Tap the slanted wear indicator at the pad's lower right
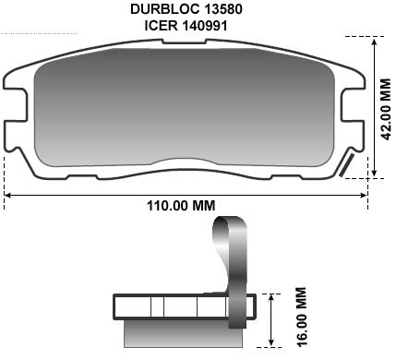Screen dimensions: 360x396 (x=348, y=166)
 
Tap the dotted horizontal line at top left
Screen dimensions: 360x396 (x=46, y=33)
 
